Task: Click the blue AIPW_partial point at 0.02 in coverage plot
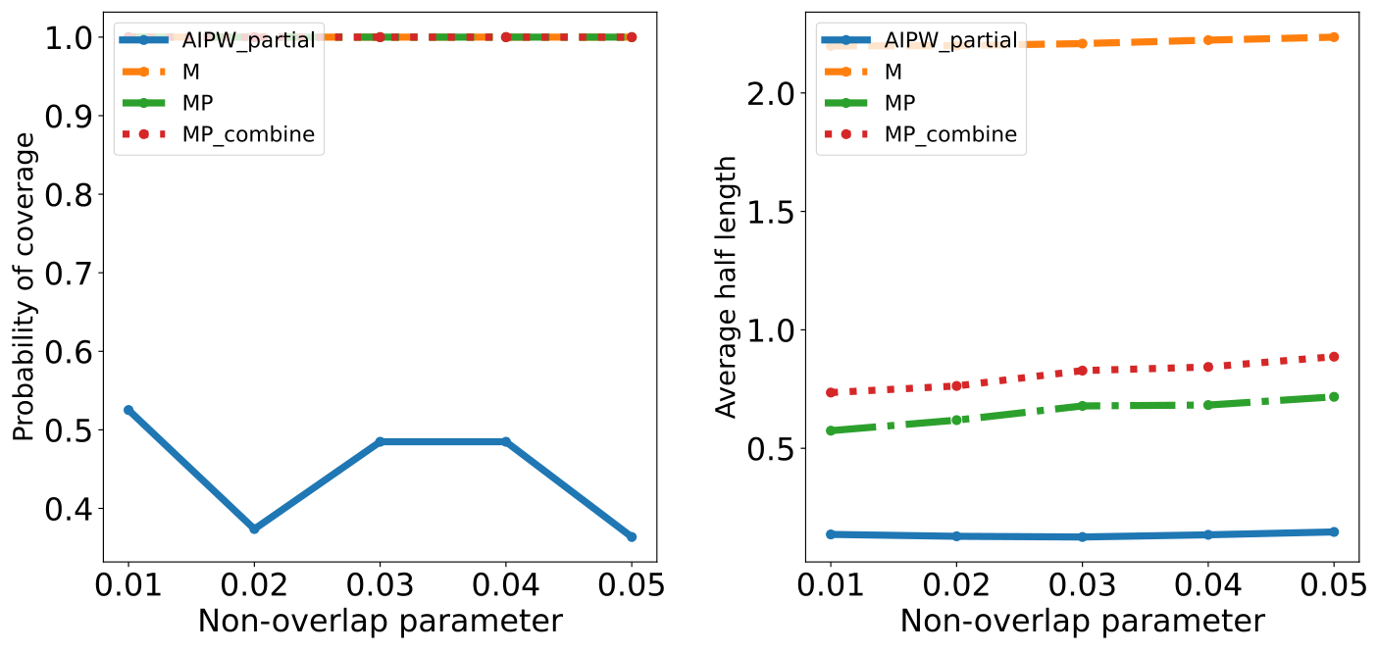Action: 254,528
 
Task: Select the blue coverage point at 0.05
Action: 631,536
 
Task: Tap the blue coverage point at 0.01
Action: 128,410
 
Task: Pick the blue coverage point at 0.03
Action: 380,441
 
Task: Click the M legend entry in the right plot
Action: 892,72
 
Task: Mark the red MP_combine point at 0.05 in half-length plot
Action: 1333,357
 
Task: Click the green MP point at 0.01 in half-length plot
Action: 831,430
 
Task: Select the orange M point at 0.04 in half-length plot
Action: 1207,40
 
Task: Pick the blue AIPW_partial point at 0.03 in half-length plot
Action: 1082,536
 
